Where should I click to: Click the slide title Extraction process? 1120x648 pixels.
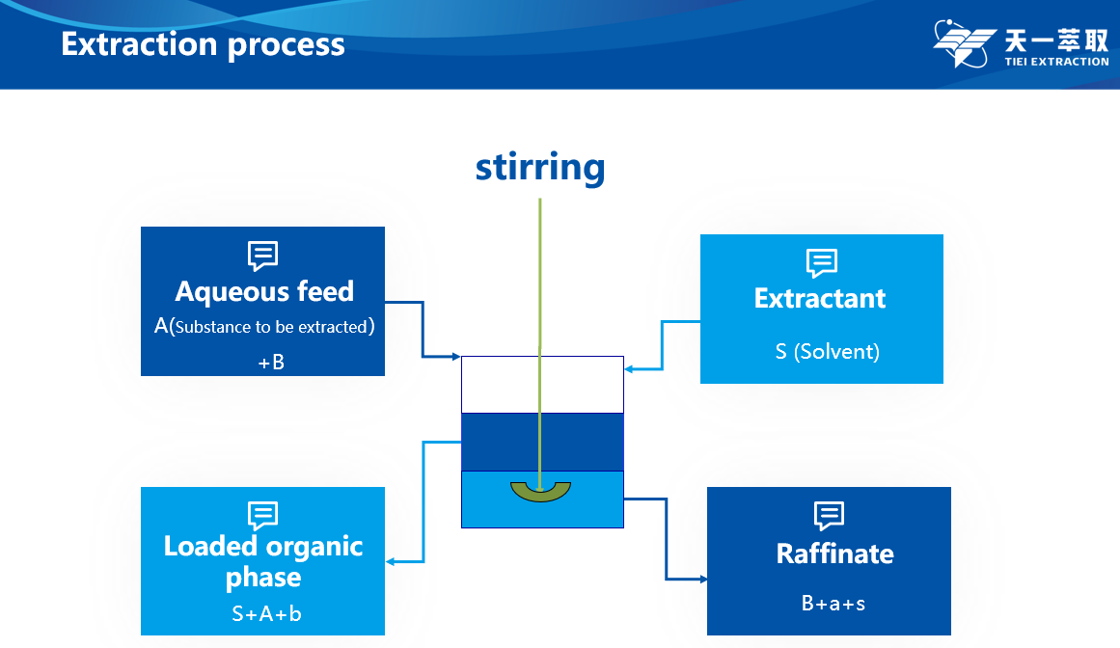tap(203, 44)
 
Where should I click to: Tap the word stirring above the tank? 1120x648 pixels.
tap(540, 167)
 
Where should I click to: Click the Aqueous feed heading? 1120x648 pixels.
tap(264, 291)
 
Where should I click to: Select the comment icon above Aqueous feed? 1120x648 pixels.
tap(263, 256)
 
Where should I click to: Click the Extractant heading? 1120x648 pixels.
tap(820, 298)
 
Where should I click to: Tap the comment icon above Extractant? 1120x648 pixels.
tap(821, 263)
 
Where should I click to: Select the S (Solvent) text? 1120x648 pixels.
tap(827, 351)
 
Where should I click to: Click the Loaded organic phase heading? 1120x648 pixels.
tap(263, 561)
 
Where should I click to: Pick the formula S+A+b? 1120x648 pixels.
tap(266, 613)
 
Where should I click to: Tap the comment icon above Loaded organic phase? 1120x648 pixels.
tap(263, 515)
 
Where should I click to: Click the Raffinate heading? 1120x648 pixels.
tap(834, 553)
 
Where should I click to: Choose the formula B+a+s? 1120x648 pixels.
tap(833, 604)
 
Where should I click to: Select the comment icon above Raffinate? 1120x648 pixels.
tap(829, 515)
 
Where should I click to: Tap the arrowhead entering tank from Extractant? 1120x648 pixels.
tap(629, 368)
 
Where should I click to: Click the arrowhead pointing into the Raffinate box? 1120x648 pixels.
tap(702, 580)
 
